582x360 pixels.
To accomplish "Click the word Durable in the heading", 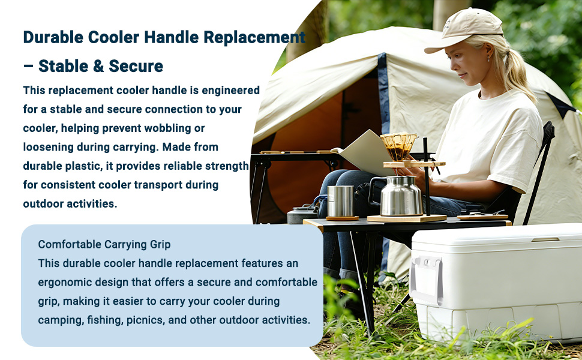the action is (53, 37).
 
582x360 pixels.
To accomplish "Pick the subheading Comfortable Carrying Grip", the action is (104, 244).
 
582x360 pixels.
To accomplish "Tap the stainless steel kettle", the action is (397, 196).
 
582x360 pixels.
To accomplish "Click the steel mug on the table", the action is (340, 201).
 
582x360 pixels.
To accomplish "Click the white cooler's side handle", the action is (427, 280).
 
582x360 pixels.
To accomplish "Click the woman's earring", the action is (488, 59).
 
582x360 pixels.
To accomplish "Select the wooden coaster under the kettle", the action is (407, 218).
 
